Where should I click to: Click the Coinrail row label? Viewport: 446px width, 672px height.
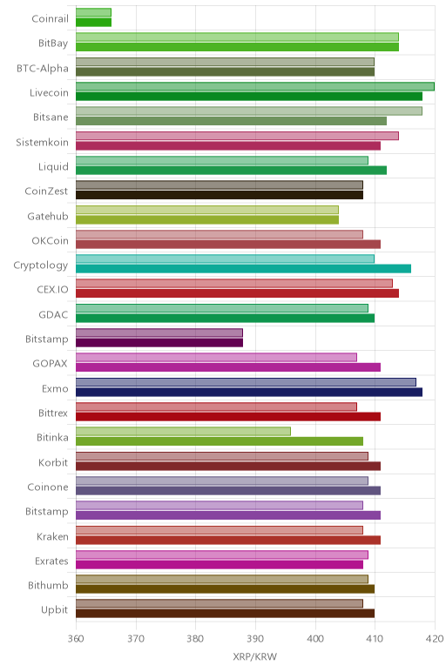pos(50,18)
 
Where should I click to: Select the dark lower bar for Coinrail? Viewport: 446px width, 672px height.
pos(93,23)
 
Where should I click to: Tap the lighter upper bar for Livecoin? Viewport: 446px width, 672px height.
pos(255,86)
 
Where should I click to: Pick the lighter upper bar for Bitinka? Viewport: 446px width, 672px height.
pos(183,431)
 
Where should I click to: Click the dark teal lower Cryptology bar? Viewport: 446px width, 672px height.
pos(243,269)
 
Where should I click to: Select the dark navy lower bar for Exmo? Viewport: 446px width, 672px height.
pos(249,392)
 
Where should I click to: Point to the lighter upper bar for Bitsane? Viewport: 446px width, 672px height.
pos(249,111)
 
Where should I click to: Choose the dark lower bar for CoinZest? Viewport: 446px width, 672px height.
pos(220,195)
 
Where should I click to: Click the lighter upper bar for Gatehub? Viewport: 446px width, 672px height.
pos(207,210)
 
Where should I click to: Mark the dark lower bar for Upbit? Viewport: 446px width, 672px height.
pos(225,614)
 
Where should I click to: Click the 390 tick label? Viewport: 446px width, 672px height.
pos(255,639)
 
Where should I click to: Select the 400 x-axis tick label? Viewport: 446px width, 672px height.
pos(315,639)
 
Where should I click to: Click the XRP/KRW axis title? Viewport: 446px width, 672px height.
pos(255,656)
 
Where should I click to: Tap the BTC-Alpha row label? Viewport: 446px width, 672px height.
pos(43,68)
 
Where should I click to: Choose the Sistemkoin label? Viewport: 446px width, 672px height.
pos(42,142)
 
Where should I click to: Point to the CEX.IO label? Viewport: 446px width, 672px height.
pos(52,289)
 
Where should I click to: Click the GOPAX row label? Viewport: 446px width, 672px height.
pos(51,364)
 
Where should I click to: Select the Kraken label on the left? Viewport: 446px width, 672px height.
pos(52,536)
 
